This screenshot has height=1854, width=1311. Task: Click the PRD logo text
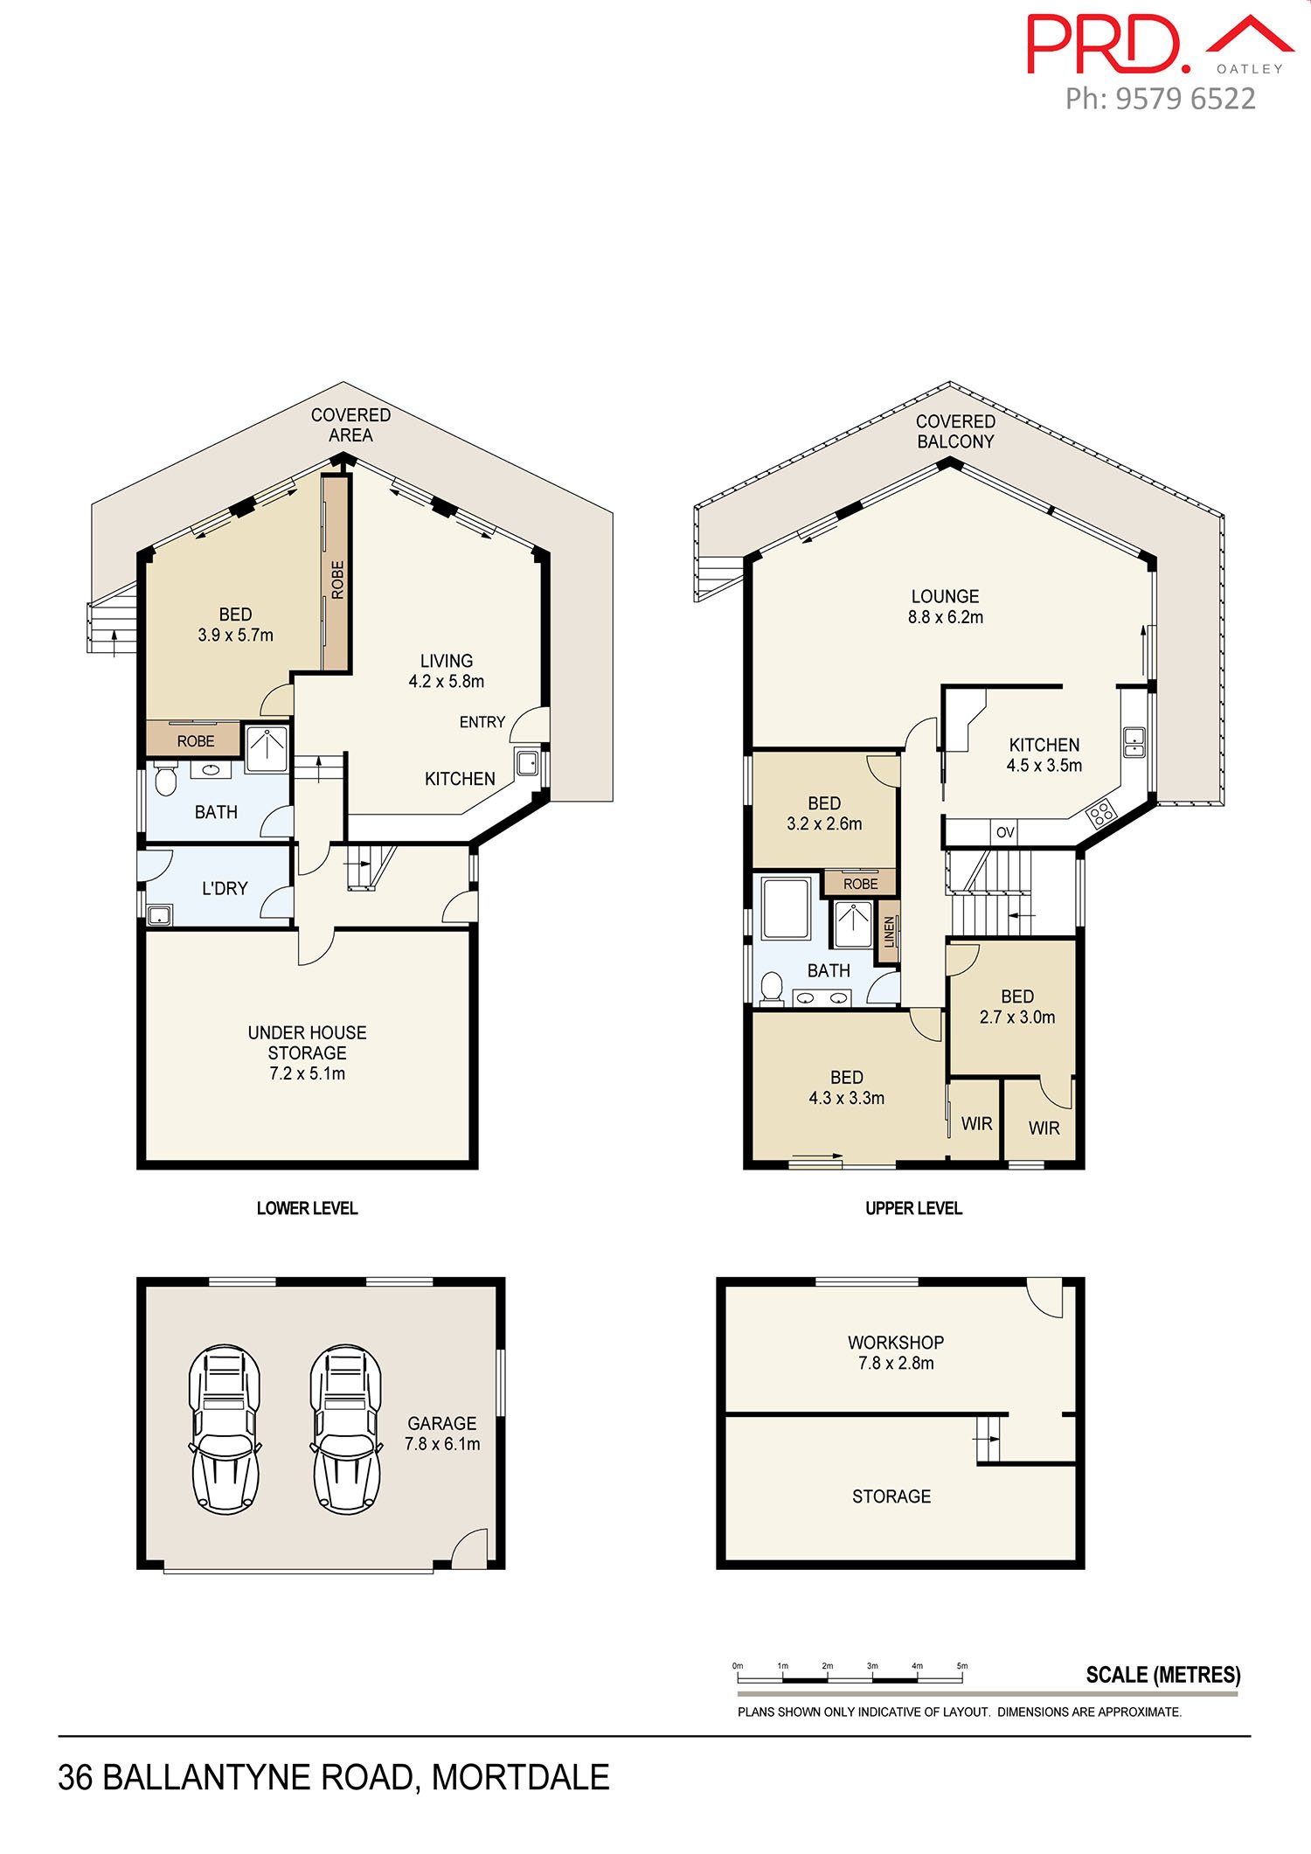click(x=1108, y=44)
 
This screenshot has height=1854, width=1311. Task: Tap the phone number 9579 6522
click(x=1186, y=99)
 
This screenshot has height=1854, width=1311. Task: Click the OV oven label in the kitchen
click(x=1005, y=832)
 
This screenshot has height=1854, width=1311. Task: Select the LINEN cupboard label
click(x=890, y=933)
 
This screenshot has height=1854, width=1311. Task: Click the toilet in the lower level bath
click(x=164, y=779)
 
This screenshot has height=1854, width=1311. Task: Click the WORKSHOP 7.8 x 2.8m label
click(x=896, y=1352)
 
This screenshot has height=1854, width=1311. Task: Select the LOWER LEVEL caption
click(x=307, y=1208)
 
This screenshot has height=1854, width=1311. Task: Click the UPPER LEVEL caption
click(x=913, y=1208)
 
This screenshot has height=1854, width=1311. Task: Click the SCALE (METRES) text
click(x=1163, y=1675)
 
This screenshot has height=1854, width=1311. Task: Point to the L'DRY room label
click(x=225, y=888)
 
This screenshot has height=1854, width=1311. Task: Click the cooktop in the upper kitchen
click(x=1101, y=813)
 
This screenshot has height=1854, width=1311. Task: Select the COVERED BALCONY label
click(x=955, y=432)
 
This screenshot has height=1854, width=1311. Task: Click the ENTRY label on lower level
click(x=482, y=722)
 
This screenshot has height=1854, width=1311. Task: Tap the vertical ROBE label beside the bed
click(x=337, y=580)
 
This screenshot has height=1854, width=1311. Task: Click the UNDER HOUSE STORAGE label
click(x=307, y=1052)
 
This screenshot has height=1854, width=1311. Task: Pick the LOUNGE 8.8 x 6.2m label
click(x=945, y=607)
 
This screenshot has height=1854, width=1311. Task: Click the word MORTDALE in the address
click(x=520, y=1777)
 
